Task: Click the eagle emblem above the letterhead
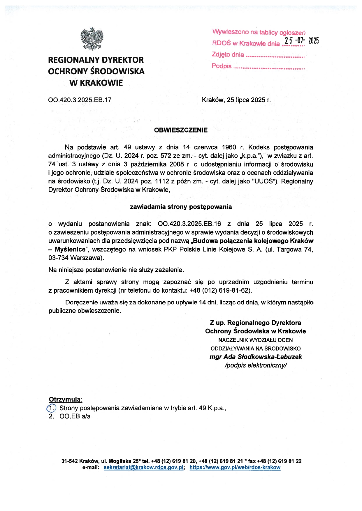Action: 92,39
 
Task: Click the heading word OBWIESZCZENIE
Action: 181,130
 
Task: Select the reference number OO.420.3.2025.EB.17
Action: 80,100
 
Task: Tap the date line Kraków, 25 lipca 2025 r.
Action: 236,100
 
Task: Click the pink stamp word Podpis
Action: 222,66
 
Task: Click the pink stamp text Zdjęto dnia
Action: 228,54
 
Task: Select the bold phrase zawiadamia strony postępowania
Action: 181,207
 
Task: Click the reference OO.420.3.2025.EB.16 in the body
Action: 189,224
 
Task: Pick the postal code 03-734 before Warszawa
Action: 58,258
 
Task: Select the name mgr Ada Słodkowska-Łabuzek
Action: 256,357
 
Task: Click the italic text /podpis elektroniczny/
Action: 256,365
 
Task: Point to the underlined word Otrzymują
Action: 65,399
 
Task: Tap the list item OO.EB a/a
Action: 75,416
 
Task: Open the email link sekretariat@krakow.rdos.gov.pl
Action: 143,467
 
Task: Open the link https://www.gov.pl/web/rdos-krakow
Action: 235,467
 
